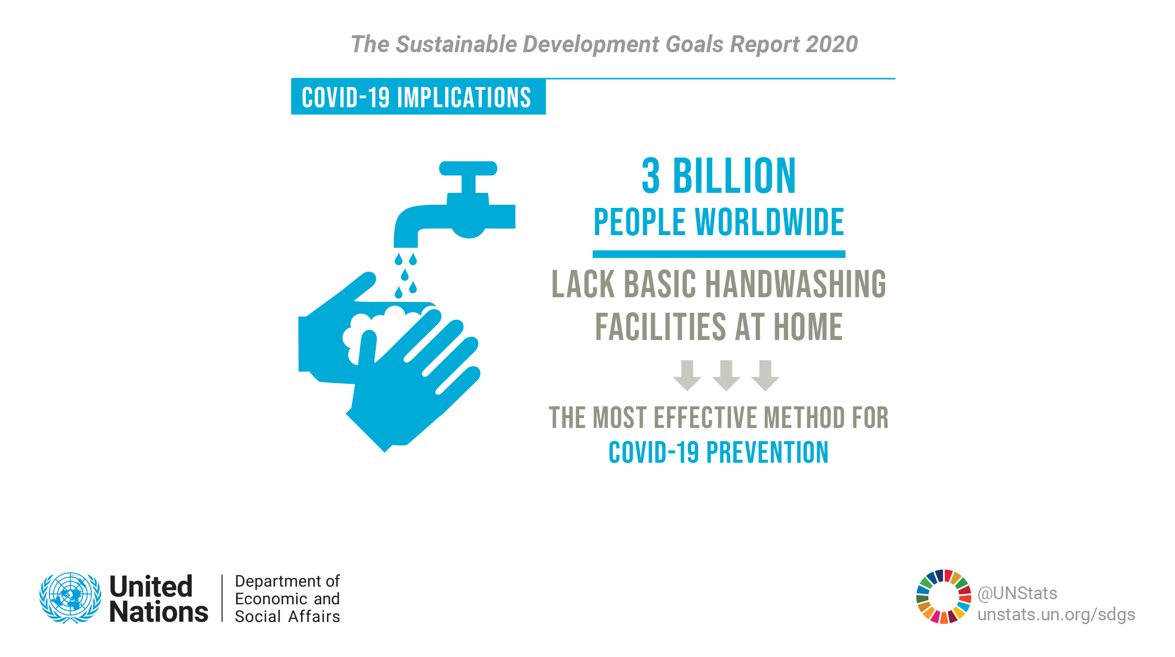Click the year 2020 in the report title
pyautogui.click(x=832, y=45)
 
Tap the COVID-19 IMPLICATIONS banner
pyautogui.click(x=418, y=97)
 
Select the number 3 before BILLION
pyautogui.click(x=651, y=176)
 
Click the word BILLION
pyautogui.click(x=734, y=176)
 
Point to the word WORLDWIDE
pyautogui.click(x=770, y=222)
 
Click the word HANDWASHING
pyautogui.click(x=796, y=285)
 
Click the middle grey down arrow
pyautogui.click(x=726, y=375)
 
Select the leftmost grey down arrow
pyautogui.click(x=687, y=375)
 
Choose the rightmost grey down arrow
pyautogui.click(x=765, y=375)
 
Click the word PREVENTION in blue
pyautogui.click(x=768, y=453)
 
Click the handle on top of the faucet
pyautogui.click(x=468, y=168)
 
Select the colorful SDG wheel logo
pyautogui.click(x=943, y=597)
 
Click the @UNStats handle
pyautogui.click(x=1018, y=594)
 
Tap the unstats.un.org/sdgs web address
pyautogui.click(x=1057, y=615)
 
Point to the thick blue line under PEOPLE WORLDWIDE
pyautogui.click(x=719, y=254)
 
